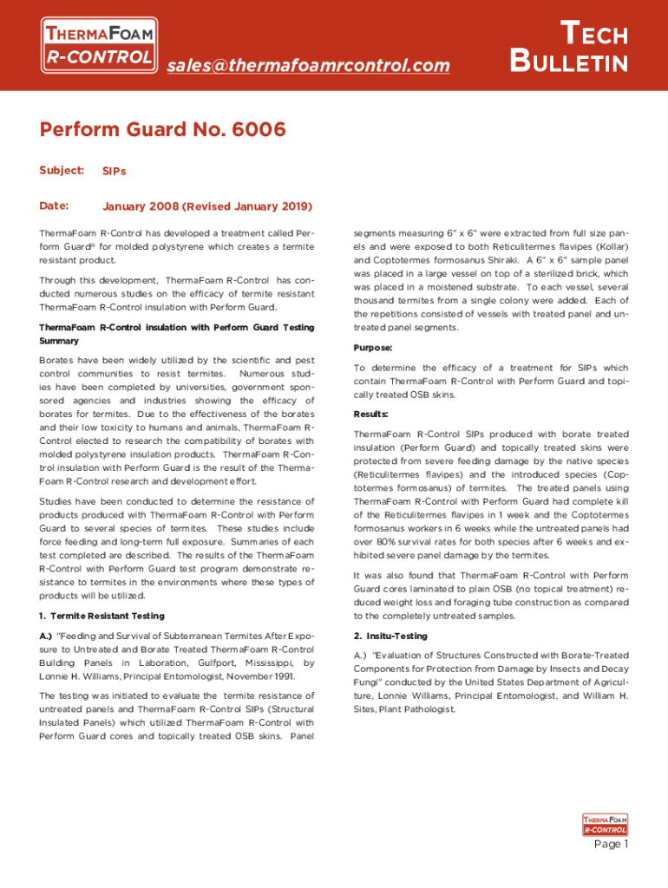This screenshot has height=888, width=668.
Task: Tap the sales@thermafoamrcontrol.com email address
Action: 308,65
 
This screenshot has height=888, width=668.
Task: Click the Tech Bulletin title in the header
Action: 569,48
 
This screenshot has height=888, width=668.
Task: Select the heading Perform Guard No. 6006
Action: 162,130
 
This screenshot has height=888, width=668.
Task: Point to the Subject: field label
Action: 62,170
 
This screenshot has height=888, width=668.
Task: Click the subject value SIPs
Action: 115,171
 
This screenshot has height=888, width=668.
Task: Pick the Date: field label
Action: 53,206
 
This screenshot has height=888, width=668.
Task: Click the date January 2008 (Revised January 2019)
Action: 207,206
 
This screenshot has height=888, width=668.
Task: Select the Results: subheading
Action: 371,414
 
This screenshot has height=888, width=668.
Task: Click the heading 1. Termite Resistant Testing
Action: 102,616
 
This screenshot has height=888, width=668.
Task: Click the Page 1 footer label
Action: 611,844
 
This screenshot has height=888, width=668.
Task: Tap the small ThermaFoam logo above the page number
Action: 605,824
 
